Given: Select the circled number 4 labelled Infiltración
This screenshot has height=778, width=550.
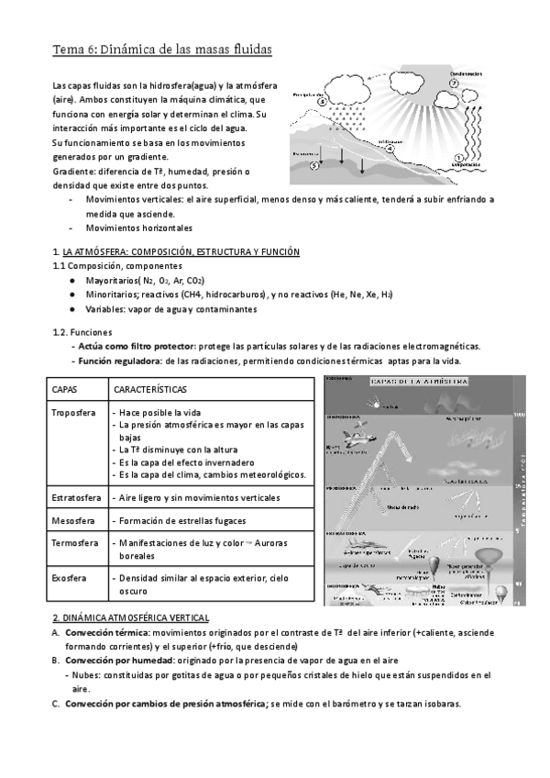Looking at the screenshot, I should (x=390, y=146).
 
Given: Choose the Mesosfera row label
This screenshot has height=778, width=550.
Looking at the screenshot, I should (x=73, y=520).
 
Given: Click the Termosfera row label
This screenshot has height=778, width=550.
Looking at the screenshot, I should (x=75, y=543).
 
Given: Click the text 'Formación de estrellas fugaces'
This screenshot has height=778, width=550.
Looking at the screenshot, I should (x=184, y=520).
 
